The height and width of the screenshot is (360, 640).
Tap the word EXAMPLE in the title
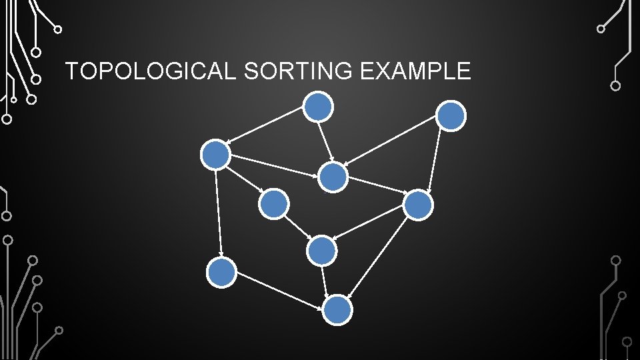tap(415, 71)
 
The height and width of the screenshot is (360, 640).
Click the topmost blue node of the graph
tap(318, 106)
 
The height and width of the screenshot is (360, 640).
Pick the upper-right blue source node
tap(451, 116)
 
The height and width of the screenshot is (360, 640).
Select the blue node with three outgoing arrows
tap(215, 155)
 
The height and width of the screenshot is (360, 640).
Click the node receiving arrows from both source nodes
tap(333, 177)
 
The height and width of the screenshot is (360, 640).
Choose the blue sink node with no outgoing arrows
tap(337, 310)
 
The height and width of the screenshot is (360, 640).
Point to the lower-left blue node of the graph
tap(221, 273)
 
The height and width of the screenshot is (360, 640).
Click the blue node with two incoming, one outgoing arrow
tap(322, 251)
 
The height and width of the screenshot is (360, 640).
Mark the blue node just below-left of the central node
tap(273, 204)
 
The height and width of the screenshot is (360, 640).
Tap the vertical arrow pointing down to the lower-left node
tap(218, 214)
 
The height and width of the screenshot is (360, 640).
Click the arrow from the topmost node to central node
tap(325, 141)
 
